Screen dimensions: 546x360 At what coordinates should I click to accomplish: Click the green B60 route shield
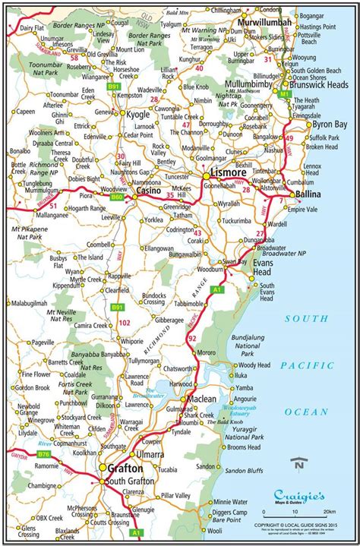[116, 197]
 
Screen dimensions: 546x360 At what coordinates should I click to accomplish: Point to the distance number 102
[125, 322]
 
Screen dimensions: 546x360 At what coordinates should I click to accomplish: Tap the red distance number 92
[191, 337]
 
